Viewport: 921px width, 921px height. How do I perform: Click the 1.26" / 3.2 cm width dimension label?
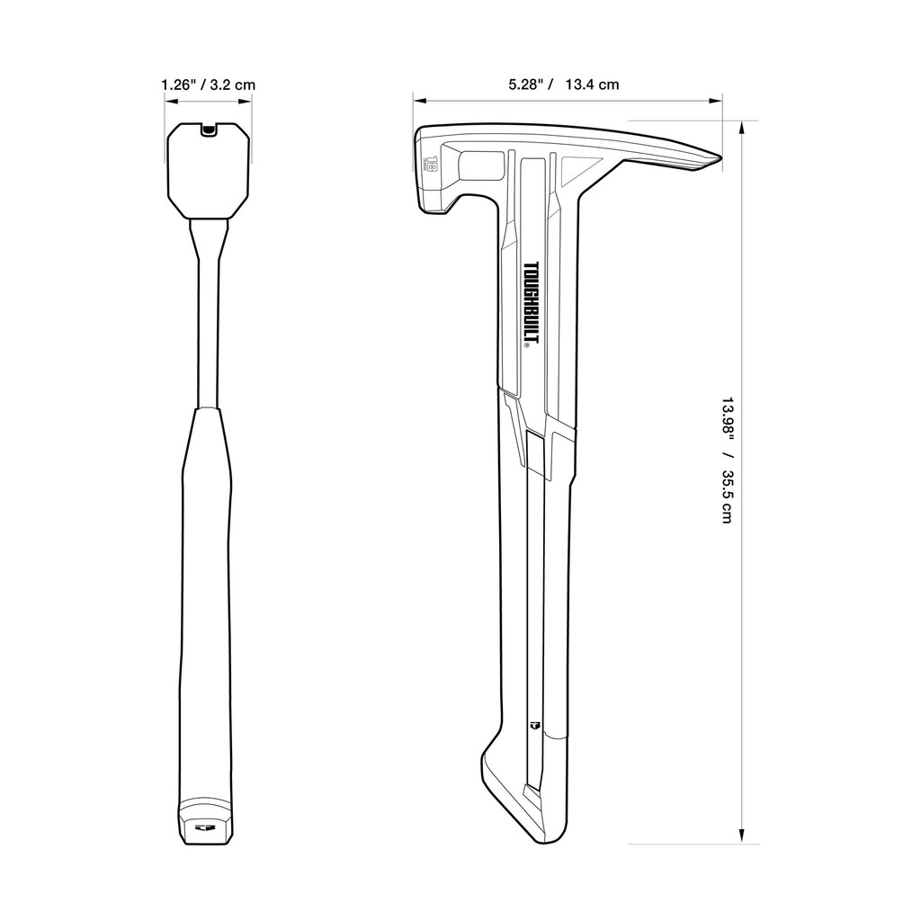pos(209,85)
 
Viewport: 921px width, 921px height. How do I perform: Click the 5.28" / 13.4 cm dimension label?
pos(564,85)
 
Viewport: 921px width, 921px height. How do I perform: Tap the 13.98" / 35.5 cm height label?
pos(728,461)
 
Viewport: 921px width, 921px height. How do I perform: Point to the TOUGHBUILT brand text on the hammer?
pos(533,303)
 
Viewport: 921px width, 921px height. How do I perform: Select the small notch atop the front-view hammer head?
pos(208,130)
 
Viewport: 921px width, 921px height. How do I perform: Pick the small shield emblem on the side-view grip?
pos(534,726)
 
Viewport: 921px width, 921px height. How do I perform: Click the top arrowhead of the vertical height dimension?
pos(743,128)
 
